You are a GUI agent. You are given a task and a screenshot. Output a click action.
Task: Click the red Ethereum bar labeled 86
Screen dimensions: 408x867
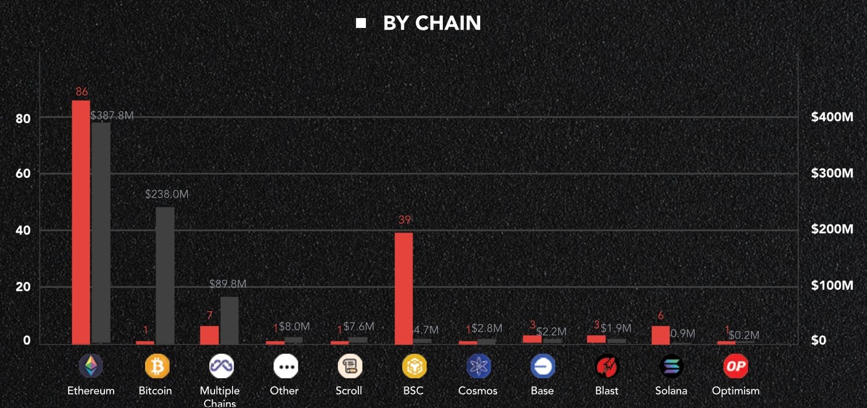pyautogui.click(x=81, y=221)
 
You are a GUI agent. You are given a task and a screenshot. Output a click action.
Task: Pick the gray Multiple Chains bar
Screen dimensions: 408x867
pyautogui.click(x=230, y=320)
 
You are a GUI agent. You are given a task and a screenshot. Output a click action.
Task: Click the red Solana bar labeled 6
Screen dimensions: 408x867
pyautogui.click(x=661, y=335)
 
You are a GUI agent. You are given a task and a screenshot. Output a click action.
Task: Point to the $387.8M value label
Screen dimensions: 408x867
pyautogui.click(x=112, y=115)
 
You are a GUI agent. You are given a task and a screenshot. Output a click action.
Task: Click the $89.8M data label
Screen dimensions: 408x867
pyautogui.click(x=228, y=284)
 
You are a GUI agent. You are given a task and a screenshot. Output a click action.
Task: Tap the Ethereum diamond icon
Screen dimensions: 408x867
pyautogui.click(x=91, y=366)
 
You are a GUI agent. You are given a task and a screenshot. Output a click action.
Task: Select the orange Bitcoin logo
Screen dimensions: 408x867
pyautogui.click(x=157, y=366)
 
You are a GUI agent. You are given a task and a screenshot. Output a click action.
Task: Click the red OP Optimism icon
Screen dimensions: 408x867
pyautogui.click(x=735, y=366)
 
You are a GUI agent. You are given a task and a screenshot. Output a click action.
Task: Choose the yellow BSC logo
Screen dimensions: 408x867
pyautogui.click(x=414, y=366)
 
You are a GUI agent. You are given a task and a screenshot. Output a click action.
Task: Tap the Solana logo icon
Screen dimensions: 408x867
pyautogui.click(x=671, y=366)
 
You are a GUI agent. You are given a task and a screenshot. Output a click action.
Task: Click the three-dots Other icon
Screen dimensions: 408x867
pyautogui.click(x=286, y=366)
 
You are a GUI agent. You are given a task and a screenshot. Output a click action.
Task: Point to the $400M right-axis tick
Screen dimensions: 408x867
pyautogui.click(x=832, y=117)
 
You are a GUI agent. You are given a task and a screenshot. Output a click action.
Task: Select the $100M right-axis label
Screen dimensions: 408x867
pyautogui.click(x=832, y=286)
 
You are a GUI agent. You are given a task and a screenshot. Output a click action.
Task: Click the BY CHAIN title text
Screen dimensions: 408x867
pyautogui.click(x=432, y=23)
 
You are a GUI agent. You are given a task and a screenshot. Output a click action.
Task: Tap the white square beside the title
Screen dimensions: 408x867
pyautogui.click(x=361, y=23)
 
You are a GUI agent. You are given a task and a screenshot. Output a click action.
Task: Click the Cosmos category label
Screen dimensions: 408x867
pyautogui.click(x=478, y=391)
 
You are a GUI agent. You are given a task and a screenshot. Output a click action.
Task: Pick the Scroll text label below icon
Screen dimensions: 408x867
pyautogui.click(x=349, y=391)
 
